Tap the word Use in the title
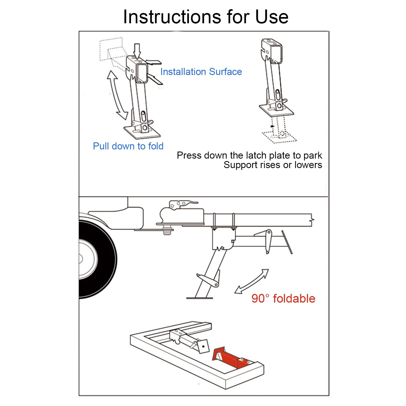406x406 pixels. tap(272, 17)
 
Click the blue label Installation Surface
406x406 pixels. tap(201, 72)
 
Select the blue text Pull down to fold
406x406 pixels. tap(128, 146)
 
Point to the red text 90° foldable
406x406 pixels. tap(283, 299)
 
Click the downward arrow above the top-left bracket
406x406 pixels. tap(137, 51)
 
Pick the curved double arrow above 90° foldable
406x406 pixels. tap(252, 282)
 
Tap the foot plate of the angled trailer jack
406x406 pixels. tap(200, 298)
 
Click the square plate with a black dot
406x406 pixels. tap(203, 346)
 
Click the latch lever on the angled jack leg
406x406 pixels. tap(208, 280)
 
